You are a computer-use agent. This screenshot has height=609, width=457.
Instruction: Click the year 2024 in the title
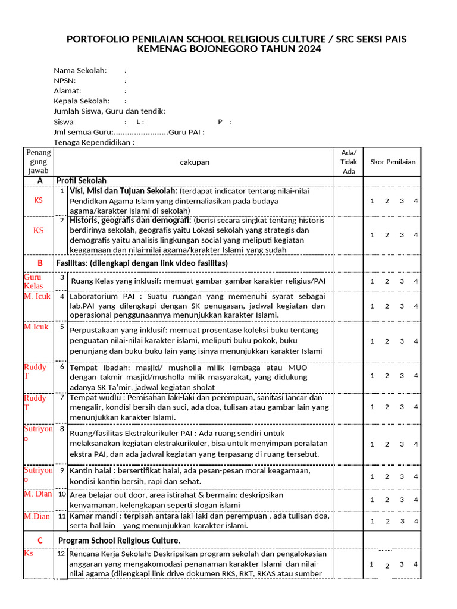[x=309, y=49]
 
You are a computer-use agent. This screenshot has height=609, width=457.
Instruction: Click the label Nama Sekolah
[x=80, y=70]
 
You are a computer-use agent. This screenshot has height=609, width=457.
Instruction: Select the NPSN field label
[x=65, y=80]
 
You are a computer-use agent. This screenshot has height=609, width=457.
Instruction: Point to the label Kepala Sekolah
[x=82, y=101]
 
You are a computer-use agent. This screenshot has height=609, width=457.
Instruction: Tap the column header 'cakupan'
[x=195, y=162]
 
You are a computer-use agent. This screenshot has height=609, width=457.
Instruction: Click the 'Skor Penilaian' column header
[x=393, y=162]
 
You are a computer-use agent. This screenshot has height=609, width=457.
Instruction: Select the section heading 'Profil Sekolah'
[x=82, y=180]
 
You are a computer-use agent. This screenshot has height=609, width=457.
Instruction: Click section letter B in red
[x=40, y=263]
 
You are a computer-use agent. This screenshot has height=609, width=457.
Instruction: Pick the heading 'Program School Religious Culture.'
[x=119, y=540]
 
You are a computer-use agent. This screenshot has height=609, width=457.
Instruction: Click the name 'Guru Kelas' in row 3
[x=33, y=281]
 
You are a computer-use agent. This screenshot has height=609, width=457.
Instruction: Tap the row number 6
[x=62, y=367]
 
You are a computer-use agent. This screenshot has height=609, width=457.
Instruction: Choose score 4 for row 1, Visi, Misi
[x=416, y=201]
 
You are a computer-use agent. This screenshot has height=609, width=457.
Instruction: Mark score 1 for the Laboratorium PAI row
[x=372, y=306]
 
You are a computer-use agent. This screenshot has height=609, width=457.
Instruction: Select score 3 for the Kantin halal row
[x=402, y=476]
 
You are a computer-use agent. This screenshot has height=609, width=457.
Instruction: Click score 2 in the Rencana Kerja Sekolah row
[x=387, y=566]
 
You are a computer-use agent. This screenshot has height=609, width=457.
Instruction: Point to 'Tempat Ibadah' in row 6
[x=96, y=368]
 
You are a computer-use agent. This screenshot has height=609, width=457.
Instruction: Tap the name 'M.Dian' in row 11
[x=37, y=516]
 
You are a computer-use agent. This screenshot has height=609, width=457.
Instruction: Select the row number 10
[x=62, y=494]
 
